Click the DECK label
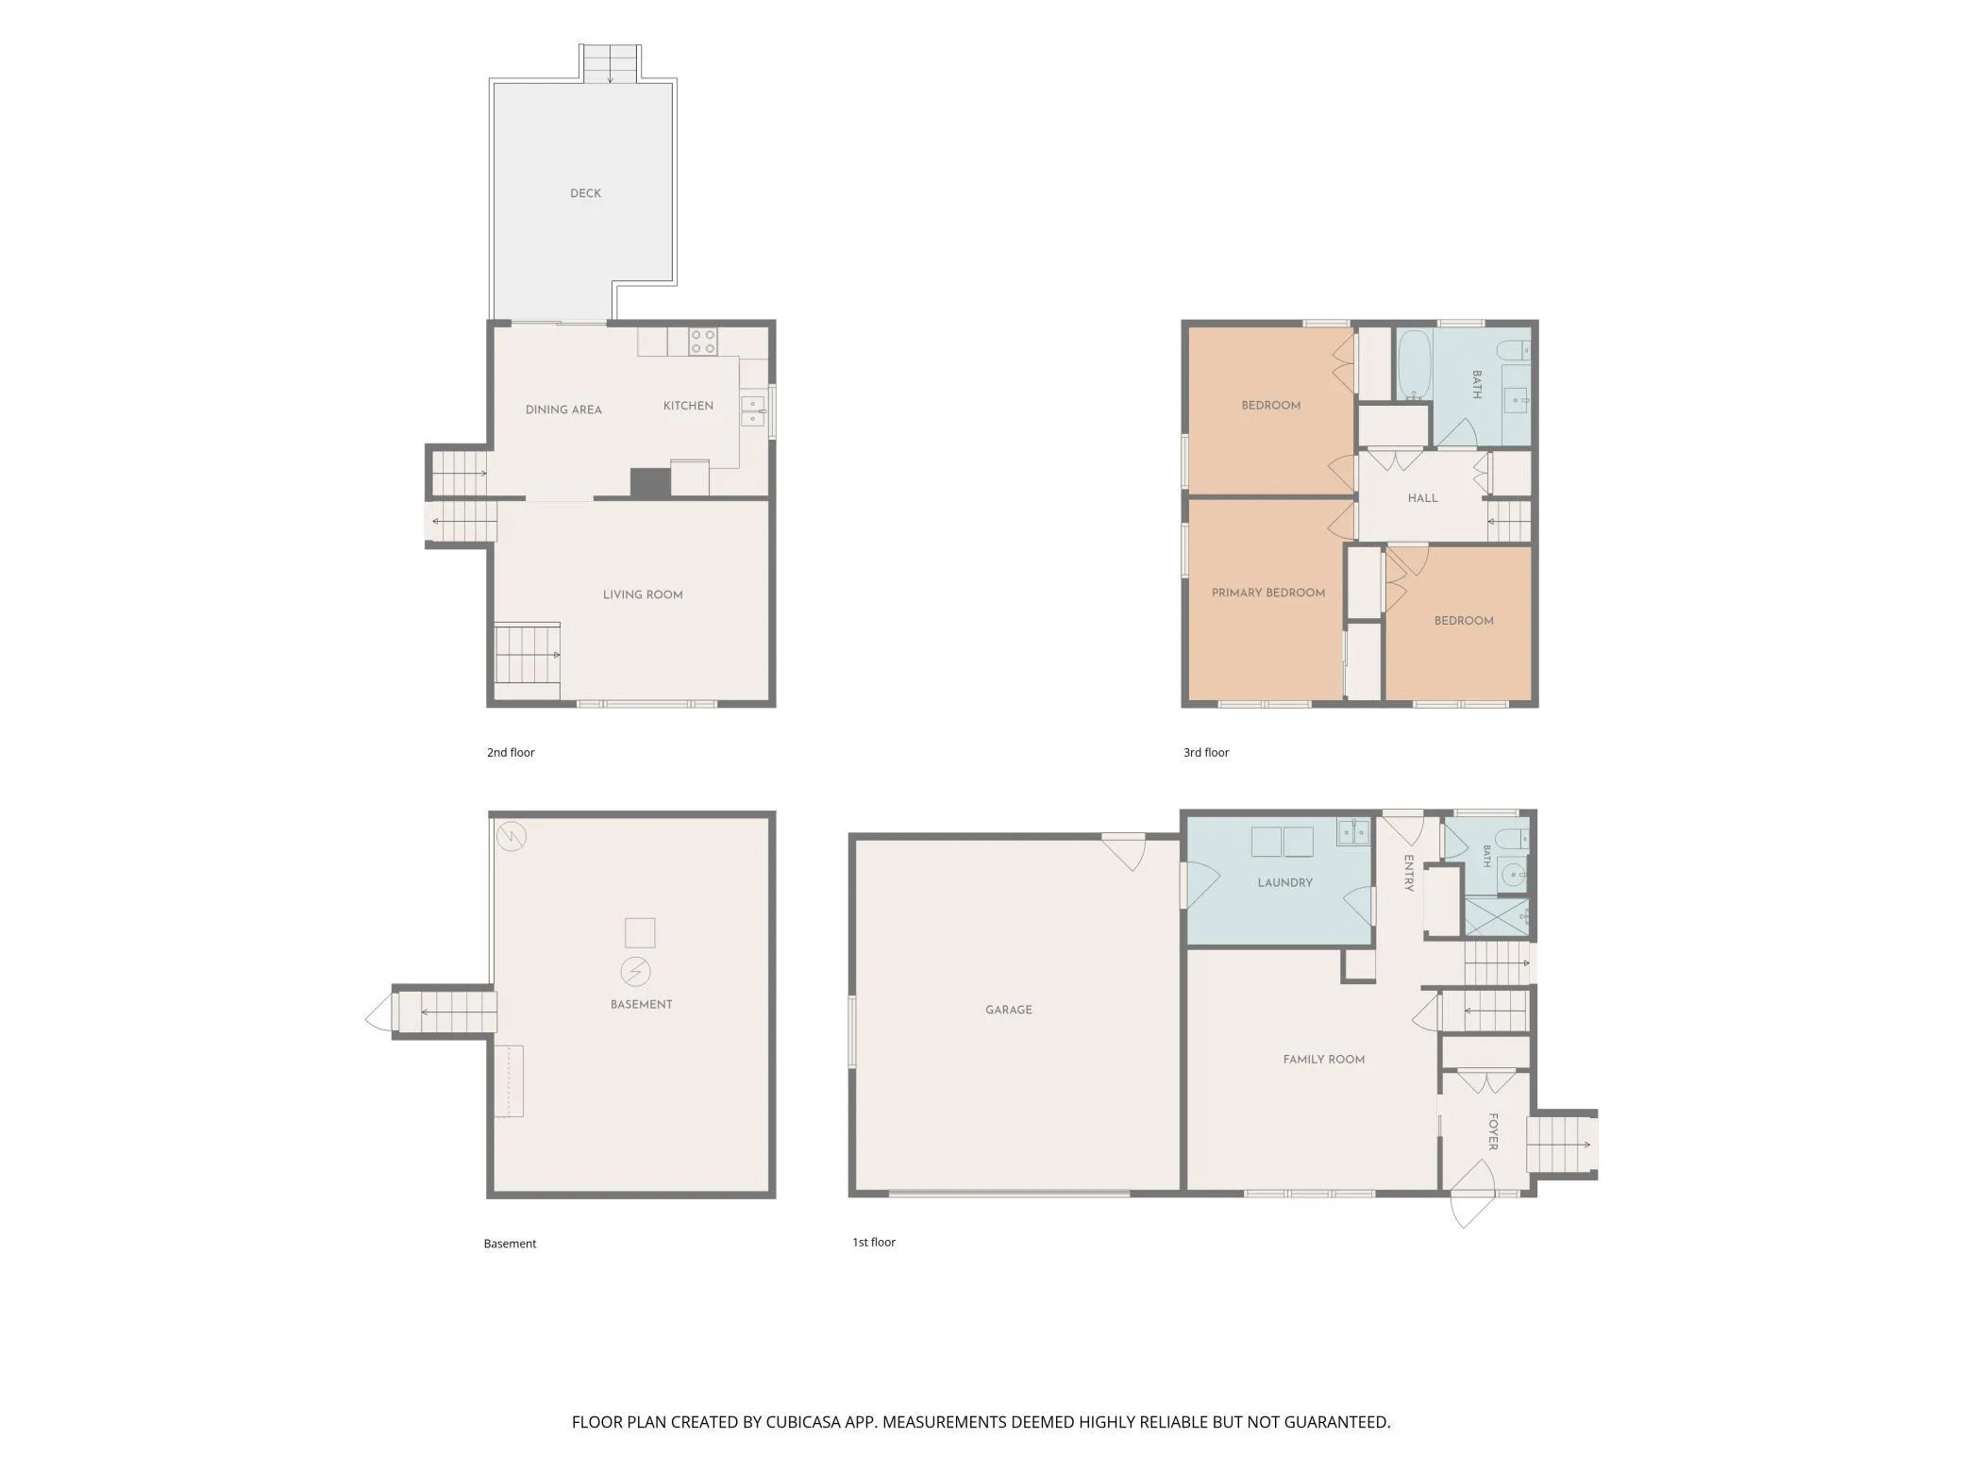pyautogui.click(x=585, y=193)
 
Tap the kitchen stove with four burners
pyautogui.click(x=702, y=342)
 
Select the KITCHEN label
pyautogui.click(x=688, y=406)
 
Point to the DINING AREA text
pyautogui.click(x=563, y=410)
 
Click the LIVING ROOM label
pyautogui.click(x=643, y=594)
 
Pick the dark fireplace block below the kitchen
pyautogui.click(x=650, y=482)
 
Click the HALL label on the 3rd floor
pyautogui.click(x=1423, y=498)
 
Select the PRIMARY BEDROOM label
pyautogui.click(x=1268, y=593)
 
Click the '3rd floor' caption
pyautogui.click(x=1206, y=752)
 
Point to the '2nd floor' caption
pyautogui.click(x=511, y=752)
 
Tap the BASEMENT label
pyautogui.click(x=642, y=1004)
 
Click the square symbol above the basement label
pyautogui.click(x=640, y=932)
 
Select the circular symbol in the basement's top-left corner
pyautogui.click(x=512, y=836)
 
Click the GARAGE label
pyautogui.click(x=1009, y=1010)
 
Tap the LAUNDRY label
pyautogui.click(x=1285, y=882)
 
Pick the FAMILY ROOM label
pyautogui.click(x=1324, y=1060)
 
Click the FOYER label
pyautogui.click(x=1493, y=1131)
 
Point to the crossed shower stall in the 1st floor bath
pyautogui.click(x=1497, y=916)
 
